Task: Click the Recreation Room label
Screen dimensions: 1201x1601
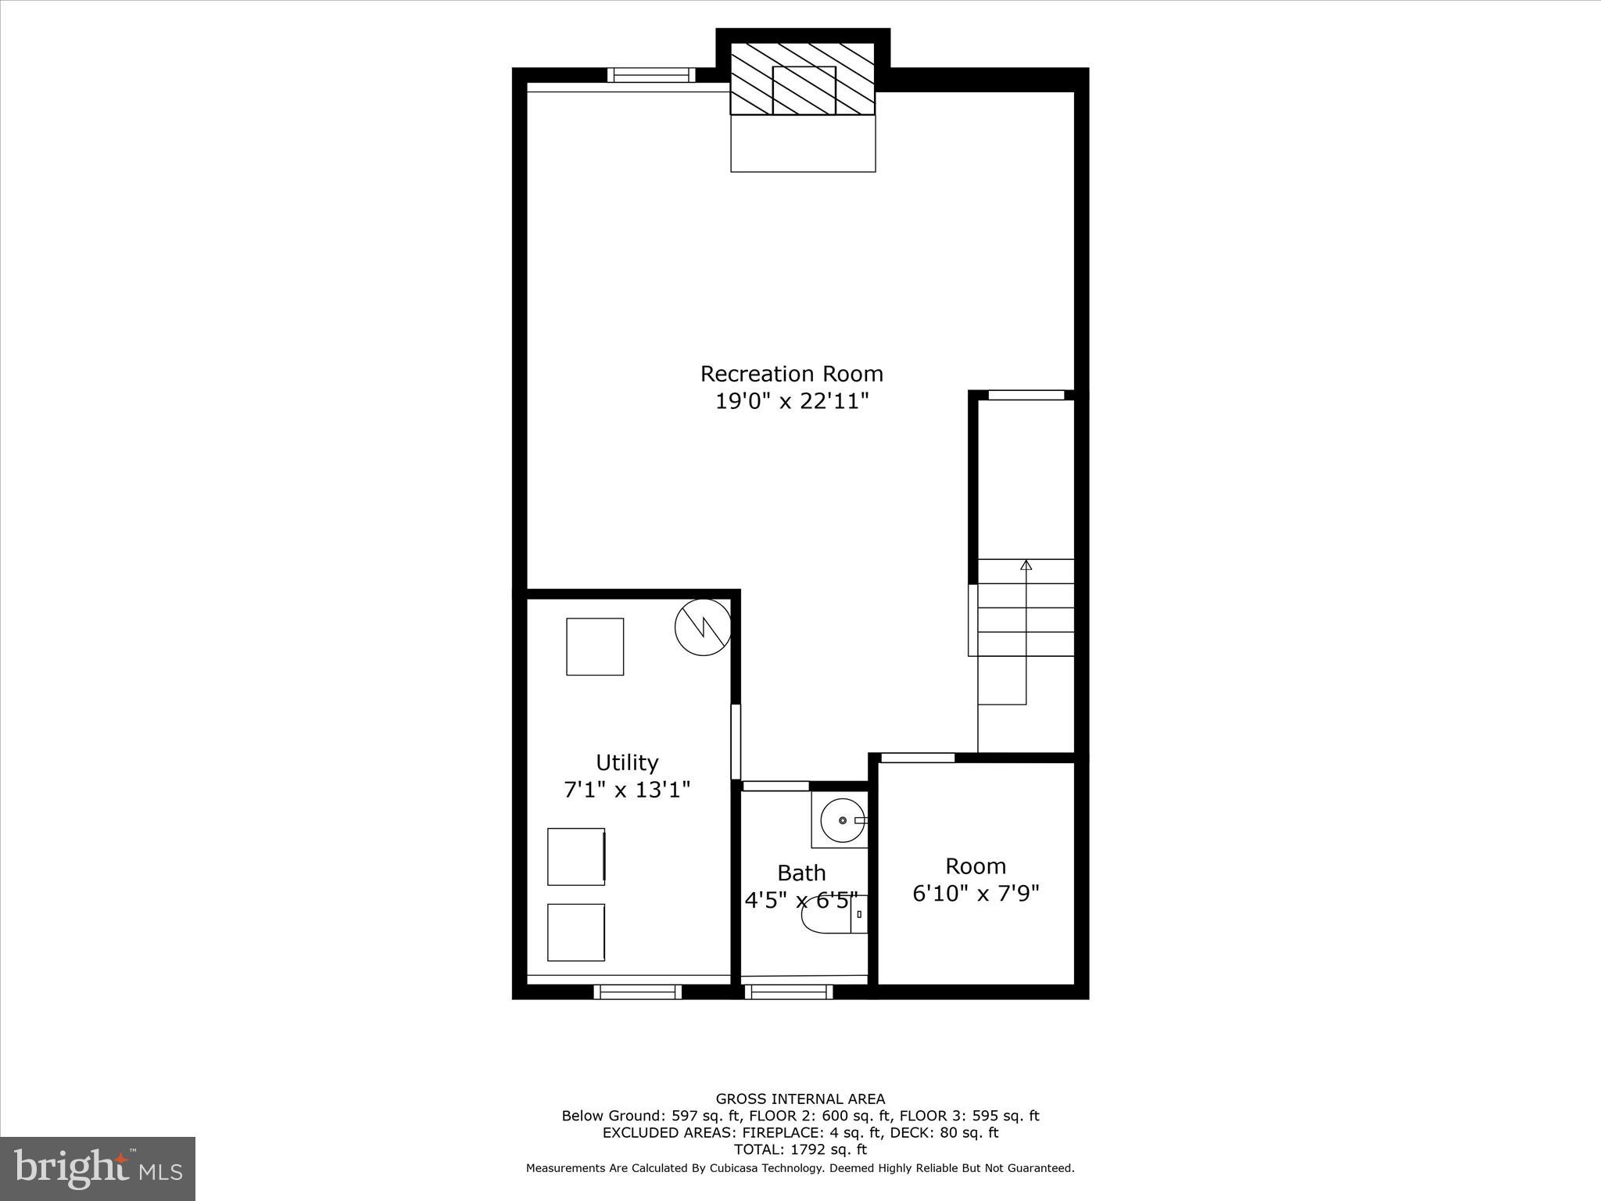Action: [x=791, y=374]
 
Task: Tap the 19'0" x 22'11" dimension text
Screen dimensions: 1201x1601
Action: [x=792, y=402]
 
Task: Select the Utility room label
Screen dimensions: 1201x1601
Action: [x=627, y=762]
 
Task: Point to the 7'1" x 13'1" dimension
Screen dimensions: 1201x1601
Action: [x=627, y=790]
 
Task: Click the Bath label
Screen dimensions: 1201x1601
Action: [x=801, y=873]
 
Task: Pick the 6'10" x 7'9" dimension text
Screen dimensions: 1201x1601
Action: [x=976, y=893]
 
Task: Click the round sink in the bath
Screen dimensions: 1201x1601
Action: [x=842, y=820]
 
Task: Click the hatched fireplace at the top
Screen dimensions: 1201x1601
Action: [x=803, y=79]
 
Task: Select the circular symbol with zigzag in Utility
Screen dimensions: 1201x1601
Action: [x=704, y=627]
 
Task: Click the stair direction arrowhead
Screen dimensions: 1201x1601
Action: [x=1026, y=565]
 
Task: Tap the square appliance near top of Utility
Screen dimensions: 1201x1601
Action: [x=595, y=647]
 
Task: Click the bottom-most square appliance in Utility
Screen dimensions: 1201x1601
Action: [x=576, y=932]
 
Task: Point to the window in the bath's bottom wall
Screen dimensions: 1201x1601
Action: [x=788, y=992]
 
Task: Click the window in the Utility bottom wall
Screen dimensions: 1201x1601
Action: [x=638, y=992]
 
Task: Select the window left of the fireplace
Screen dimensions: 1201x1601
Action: [x=651, y=75]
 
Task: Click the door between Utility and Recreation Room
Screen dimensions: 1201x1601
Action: [x=736, y=741]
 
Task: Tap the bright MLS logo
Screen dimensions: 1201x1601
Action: [x=98, y=1168]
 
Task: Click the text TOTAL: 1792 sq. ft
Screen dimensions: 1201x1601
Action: [x=800, y=1149]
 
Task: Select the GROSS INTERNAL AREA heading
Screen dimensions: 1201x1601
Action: [x=800, y=1099]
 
